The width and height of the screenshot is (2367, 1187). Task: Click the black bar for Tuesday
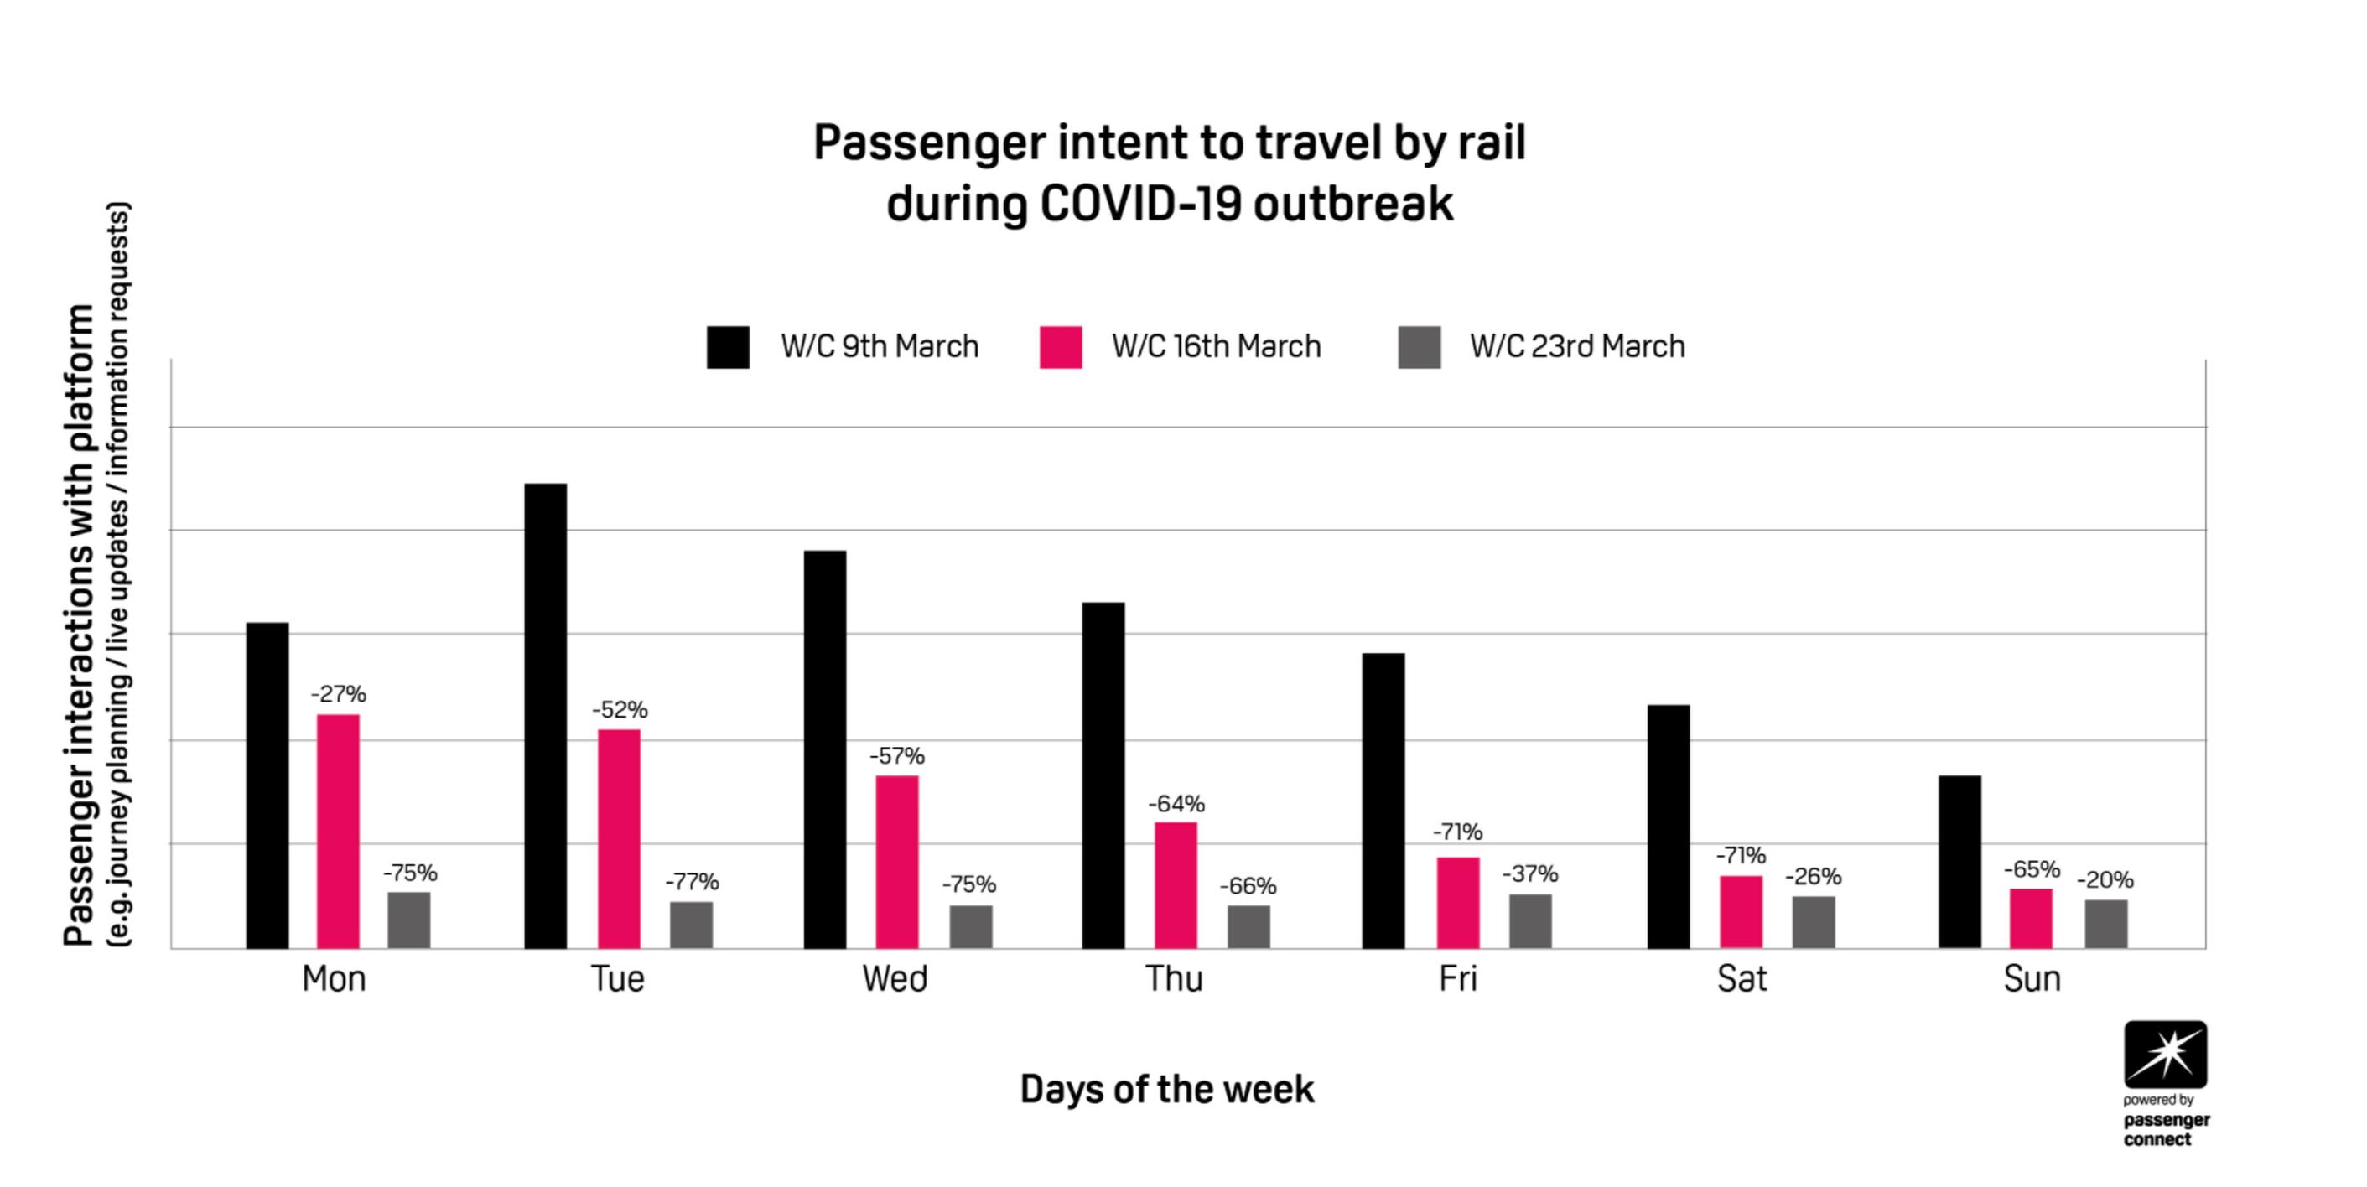546,716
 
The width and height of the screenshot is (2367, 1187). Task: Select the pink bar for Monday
338,832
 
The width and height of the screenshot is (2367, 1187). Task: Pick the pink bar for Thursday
1176,884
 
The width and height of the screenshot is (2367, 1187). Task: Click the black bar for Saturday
1669,827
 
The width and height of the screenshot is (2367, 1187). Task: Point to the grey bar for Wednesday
971,927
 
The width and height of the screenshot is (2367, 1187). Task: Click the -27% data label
338,693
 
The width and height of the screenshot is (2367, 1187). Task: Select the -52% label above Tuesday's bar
620,709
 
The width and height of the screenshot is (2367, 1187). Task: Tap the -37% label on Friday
1530,873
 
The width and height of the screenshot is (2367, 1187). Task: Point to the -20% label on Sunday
2105,879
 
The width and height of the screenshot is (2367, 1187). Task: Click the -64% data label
1176,804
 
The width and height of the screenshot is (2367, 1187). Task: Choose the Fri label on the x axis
1458,978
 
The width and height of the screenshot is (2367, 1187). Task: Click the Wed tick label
895,978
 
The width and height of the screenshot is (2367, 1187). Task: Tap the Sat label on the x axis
1742,978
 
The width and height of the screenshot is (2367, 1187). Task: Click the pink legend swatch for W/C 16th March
1061,347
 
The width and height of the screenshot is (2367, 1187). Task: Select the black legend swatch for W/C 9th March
728,347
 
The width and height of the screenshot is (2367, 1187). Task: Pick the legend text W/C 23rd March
1578,346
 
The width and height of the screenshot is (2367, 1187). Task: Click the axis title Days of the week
1167,1089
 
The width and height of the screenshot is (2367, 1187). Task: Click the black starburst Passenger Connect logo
2165,1055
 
